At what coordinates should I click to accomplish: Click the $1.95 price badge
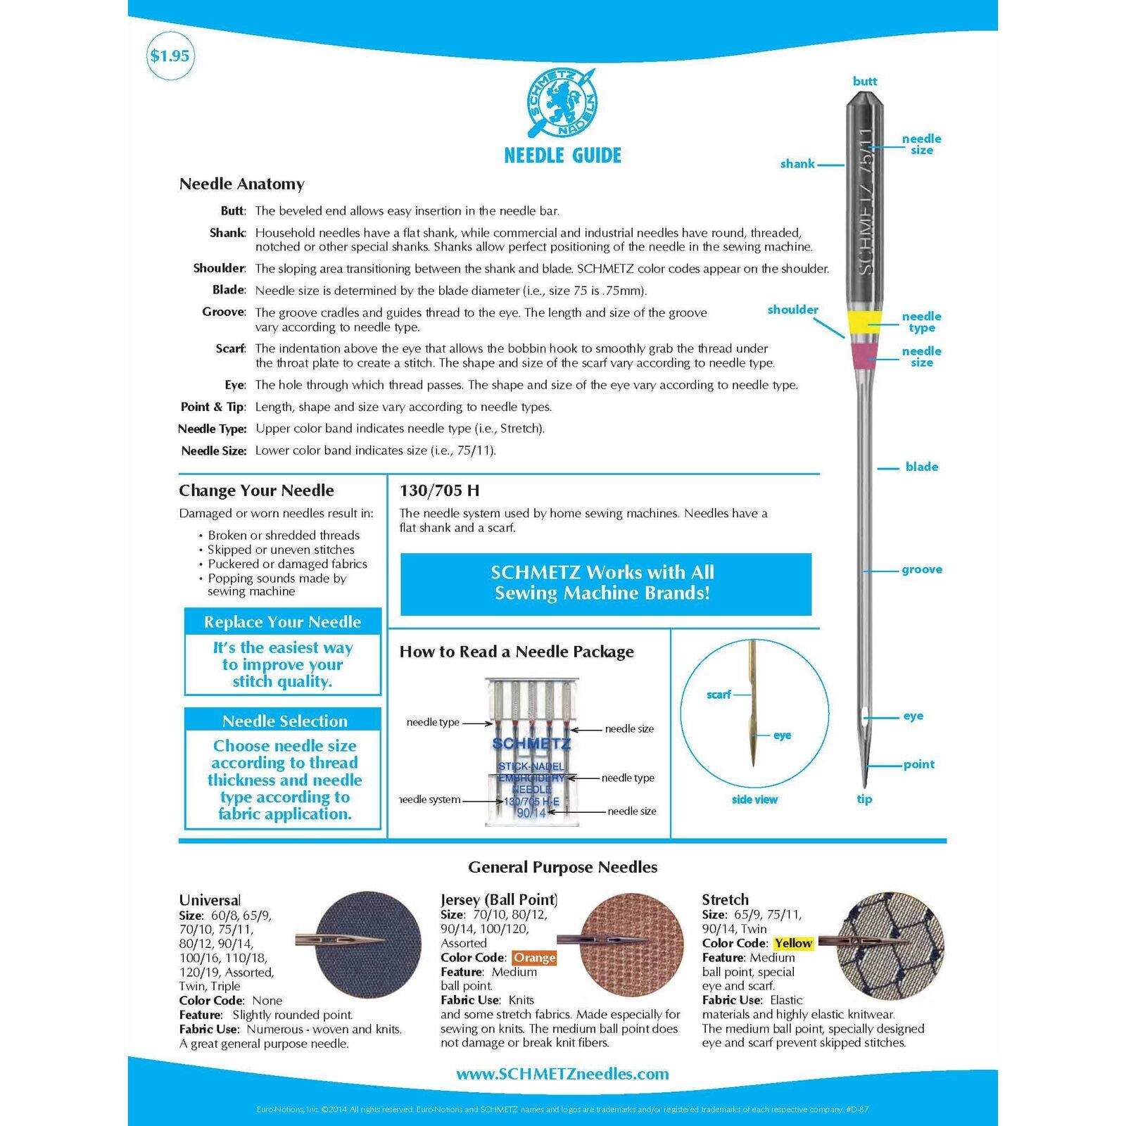170,56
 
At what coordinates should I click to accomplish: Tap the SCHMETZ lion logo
562,103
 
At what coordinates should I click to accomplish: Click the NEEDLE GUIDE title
562,156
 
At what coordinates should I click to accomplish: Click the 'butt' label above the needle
865,81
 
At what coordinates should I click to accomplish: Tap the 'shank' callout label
797,164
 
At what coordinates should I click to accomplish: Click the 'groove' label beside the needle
921,569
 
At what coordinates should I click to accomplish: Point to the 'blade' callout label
921,467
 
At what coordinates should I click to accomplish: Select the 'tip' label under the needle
864,799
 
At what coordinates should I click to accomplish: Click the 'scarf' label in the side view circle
719,695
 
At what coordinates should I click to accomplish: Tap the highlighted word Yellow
793,943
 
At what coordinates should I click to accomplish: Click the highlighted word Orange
534,957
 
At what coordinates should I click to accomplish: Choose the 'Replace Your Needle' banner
282,622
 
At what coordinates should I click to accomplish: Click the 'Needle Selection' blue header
284,721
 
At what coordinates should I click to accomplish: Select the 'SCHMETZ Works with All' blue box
605,583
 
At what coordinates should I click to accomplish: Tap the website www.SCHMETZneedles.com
562,1074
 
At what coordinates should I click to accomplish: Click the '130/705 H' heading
439,491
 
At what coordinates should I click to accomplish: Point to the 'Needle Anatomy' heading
241,184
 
